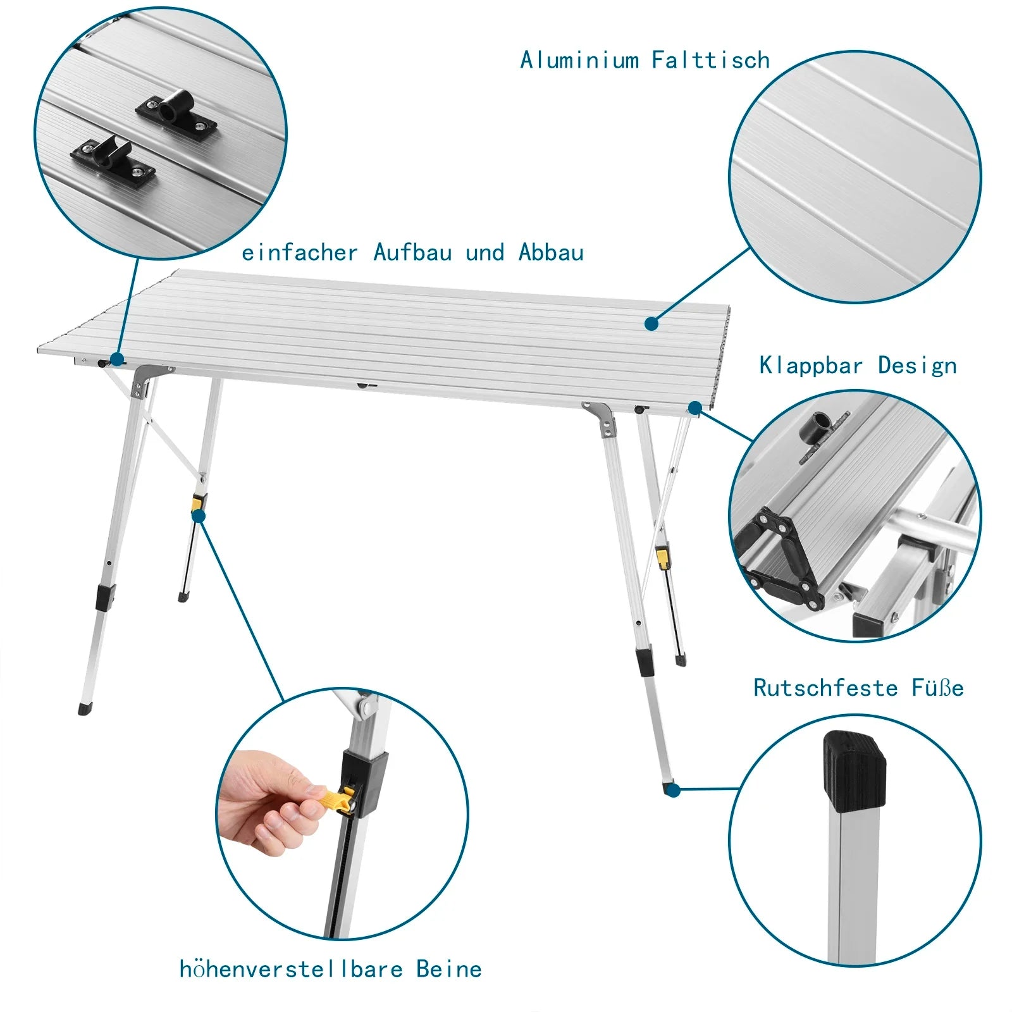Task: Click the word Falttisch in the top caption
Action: tap(710, 60)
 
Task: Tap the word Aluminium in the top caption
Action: tap(579, 60)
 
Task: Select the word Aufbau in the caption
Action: tap(412, 252)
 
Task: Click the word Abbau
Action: tap(551, 252)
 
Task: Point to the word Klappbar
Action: tap(811, 366)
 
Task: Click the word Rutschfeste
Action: tap(825, 688)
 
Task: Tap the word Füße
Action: tap(937, 688)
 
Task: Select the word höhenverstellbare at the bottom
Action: tap(291, 969)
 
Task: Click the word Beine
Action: tap(448, 969)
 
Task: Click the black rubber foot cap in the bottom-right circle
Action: tap(854, 772)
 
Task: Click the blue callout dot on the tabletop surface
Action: tap(651, 324)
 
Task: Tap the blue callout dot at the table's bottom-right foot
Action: tap(674, 790)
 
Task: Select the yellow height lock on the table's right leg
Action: tap(662, 557)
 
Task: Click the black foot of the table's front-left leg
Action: tap(85, 708)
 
